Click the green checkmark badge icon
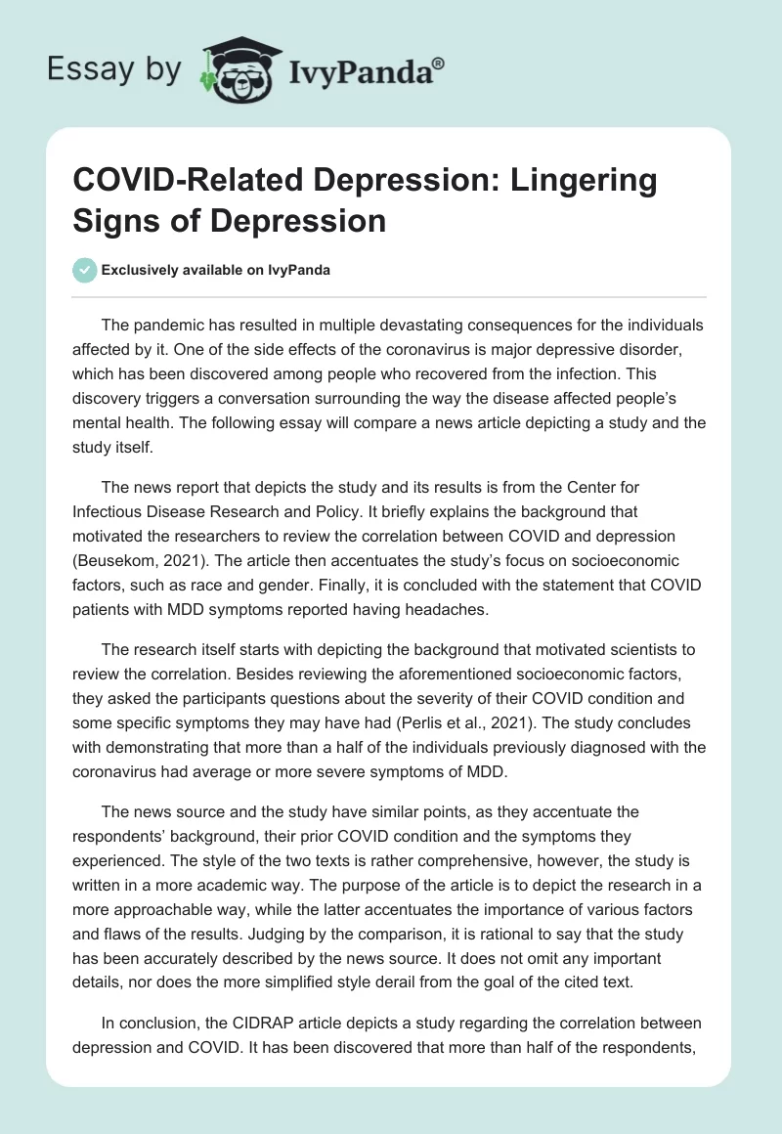85,270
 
